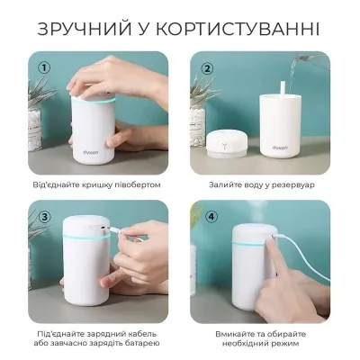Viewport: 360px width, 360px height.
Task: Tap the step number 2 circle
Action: click(207, 67)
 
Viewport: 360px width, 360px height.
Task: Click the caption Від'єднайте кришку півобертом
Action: click(96, 184)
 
